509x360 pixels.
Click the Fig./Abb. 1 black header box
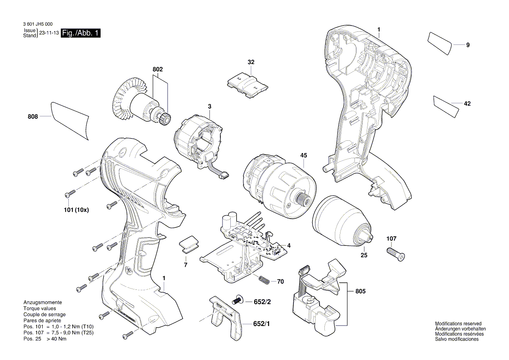pyautogui.click(x=81, y=34)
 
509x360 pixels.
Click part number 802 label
pyautogui.click(x=157, y=69)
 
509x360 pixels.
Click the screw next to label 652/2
pyautogui.click(x=238, y=300)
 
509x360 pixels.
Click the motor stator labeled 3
pyautogui.click(x=198, y=139)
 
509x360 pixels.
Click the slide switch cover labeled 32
pyautogui.click(x=247, y=82)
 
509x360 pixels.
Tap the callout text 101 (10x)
pyautogui.click(x=77, y=210)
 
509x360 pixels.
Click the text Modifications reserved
pyautogui.click(x=458, y=323)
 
